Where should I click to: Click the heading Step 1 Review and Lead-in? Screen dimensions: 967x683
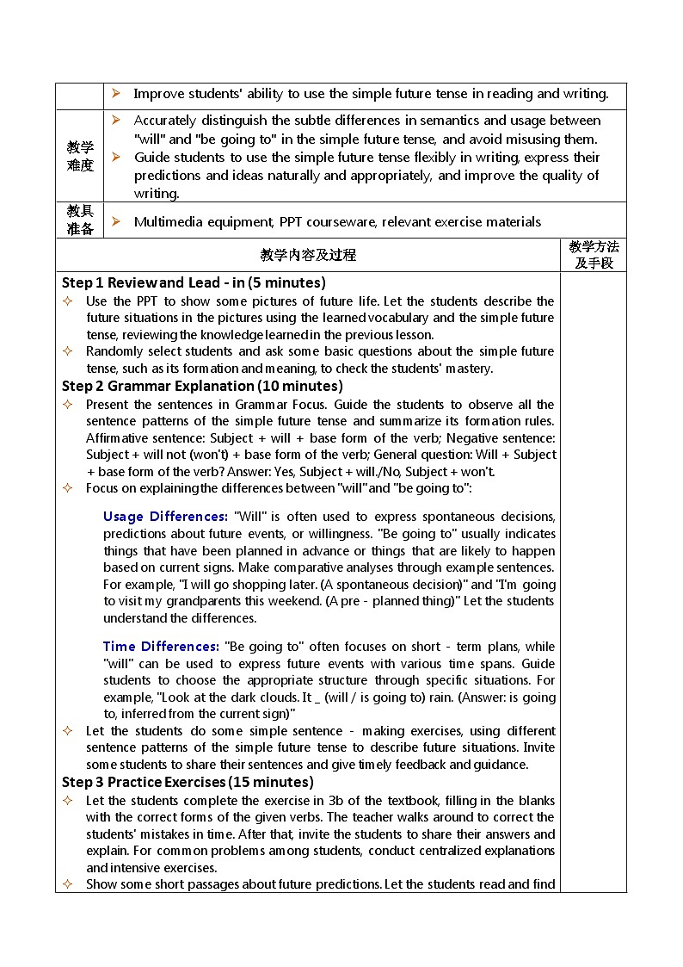click(x=194, y=282)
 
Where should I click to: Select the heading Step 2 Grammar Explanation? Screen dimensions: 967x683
click(x=202, y=386)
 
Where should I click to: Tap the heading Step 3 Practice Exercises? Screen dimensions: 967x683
click(x=188, y=782)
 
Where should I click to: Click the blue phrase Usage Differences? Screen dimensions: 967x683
click(x=165, y=517)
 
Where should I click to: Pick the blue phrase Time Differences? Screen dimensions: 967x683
click(x=161, y=647)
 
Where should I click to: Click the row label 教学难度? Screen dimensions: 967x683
click(x=80, y=156)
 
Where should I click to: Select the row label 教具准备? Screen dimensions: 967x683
click(x=80, y=220)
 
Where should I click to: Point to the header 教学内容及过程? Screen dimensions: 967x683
click(x=308, y=255)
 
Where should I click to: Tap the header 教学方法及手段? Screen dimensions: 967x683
click(x=594, y=255)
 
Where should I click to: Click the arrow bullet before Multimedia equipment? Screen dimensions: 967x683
click(x=116, y=222)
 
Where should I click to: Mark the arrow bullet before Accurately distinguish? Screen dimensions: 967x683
click(x=116, y=121)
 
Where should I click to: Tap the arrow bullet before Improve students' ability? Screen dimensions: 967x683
click(x=116, y=94)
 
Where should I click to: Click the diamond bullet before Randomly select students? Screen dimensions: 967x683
click(x=68, y=351)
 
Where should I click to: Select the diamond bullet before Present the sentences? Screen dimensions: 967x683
click(x=68, y=405)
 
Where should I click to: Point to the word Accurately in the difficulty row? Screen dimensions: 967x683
click(x=165, y=121)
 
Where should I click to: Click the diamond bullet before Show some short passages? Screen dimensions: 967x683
click(x=68, y=884)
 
